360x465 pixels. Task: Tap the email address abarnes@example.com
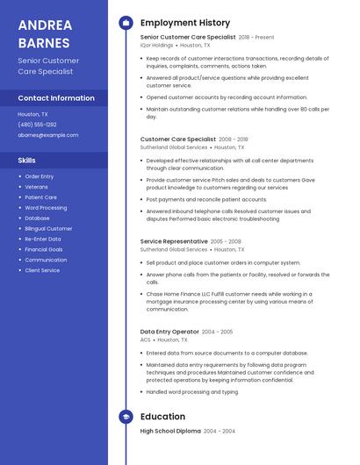pyautogui.click(x=47, y=135)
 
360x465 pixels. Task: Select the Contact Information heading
pyautogui.click(x=56, y=98)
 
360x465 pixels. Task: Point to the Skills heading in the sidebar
pyautogui.click(x=27, y=161)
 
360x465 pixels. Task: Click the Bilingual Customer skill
pyautogui.click(x=48, y=228)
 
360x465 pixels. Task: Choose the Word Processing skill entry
pyautogui.click(x=46, y=208)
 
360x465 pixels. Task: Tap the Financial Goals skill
pyautogui.click(x=44, y=249)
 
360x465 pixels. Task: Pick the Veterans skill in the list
pyautogui.click(x=37, y=187)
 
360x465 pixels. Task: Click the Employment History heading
pyautogui.click(x=185, y=23)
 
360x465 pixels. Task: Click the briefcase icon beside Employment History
pyautogui.click(x=125, y=23)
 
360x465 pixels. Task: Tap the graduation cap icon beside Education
pyautogui.click(x=125, y=417)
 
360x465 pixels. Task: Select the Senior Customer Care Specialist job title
pyautogui.click(x=188, y=38)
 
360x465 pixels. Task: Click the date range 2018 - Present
pyautogui.click(x=256, y=38)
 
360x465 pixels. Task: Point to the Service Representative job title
pyautogui.click(x=174, y=240)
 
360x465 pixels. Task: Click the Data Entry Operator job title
pyautogui.click(x=169, y=332)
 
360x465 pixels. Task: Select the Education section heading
pyautogui.click(x=162, y=417)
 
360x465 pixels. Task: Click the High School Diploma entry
pyautogui.click(x=170, y=432)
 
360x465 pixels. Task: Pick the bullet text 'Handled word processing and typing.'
pyautogui.click(x=192, y=391)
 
